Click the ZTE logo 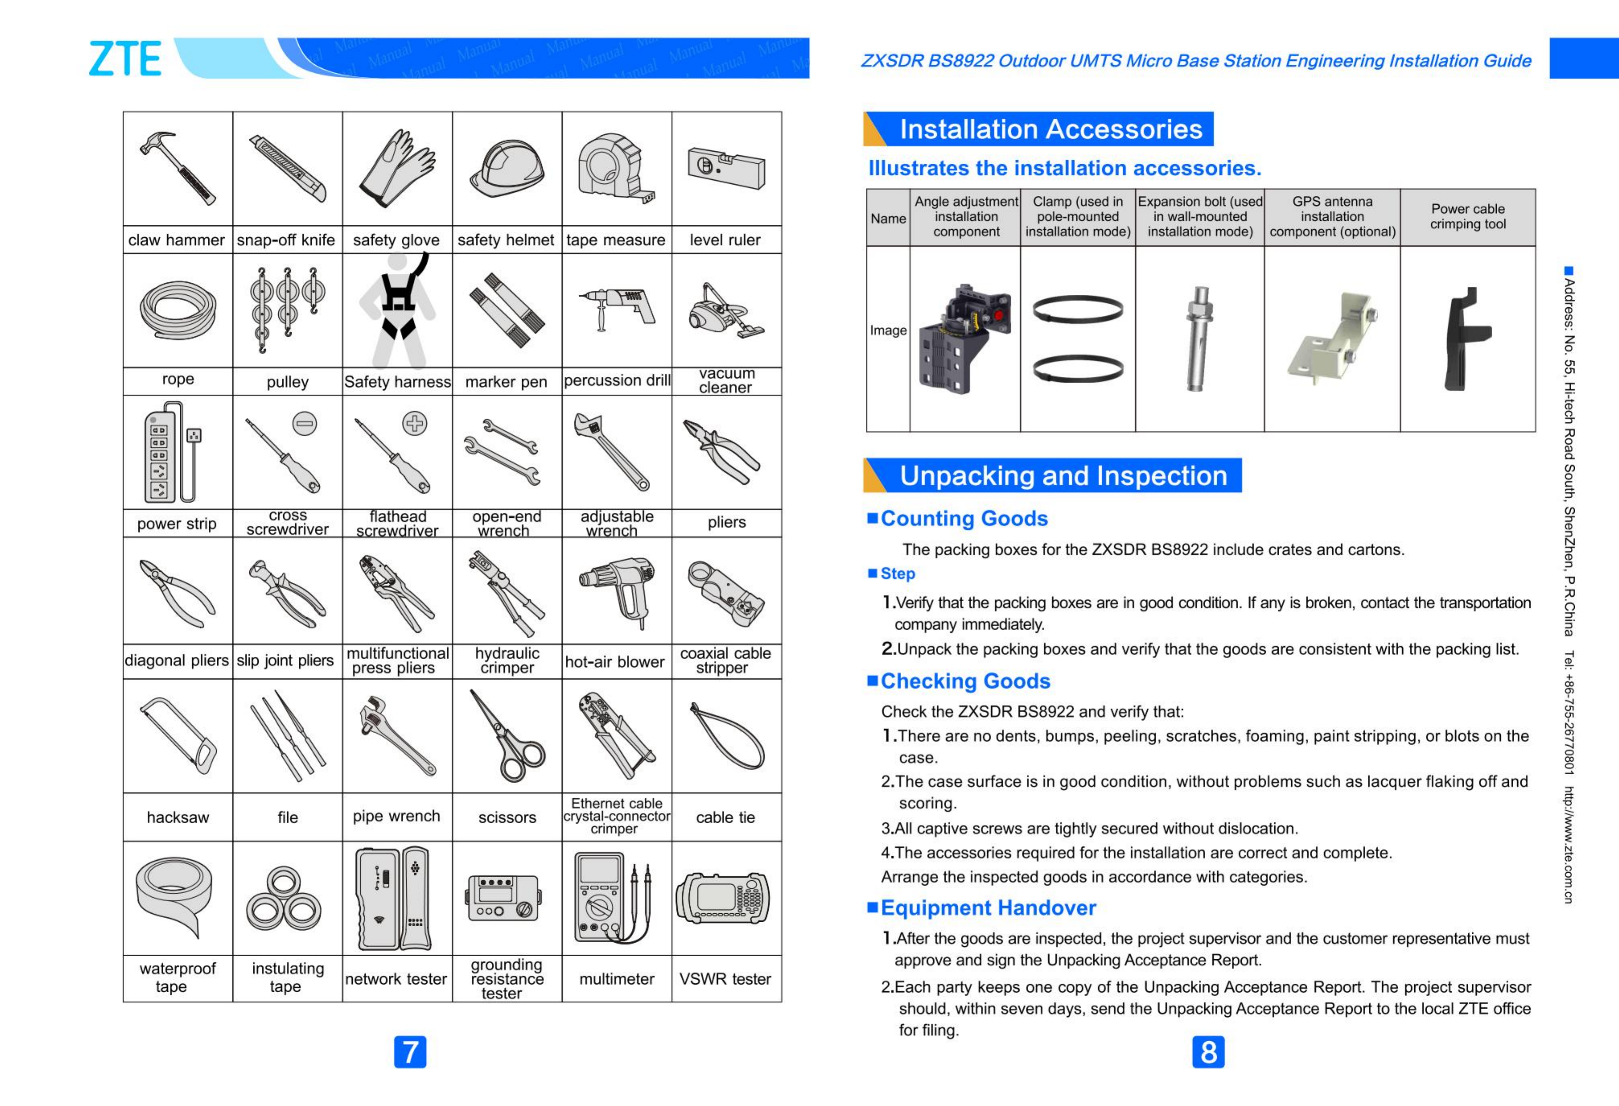point(125,59)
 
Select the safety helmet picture point(506,168)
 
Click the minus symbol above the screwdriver point(304,423)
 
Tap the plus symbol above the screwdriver point(415,423)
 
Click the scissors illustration point(507,737)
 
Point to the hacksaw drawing point(178,736)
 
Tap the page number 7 point(410,1052)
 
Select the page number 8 point(1208,1052)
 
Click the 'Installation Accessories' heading point(1050,130)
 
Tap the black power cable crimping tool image point(1467,339)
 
